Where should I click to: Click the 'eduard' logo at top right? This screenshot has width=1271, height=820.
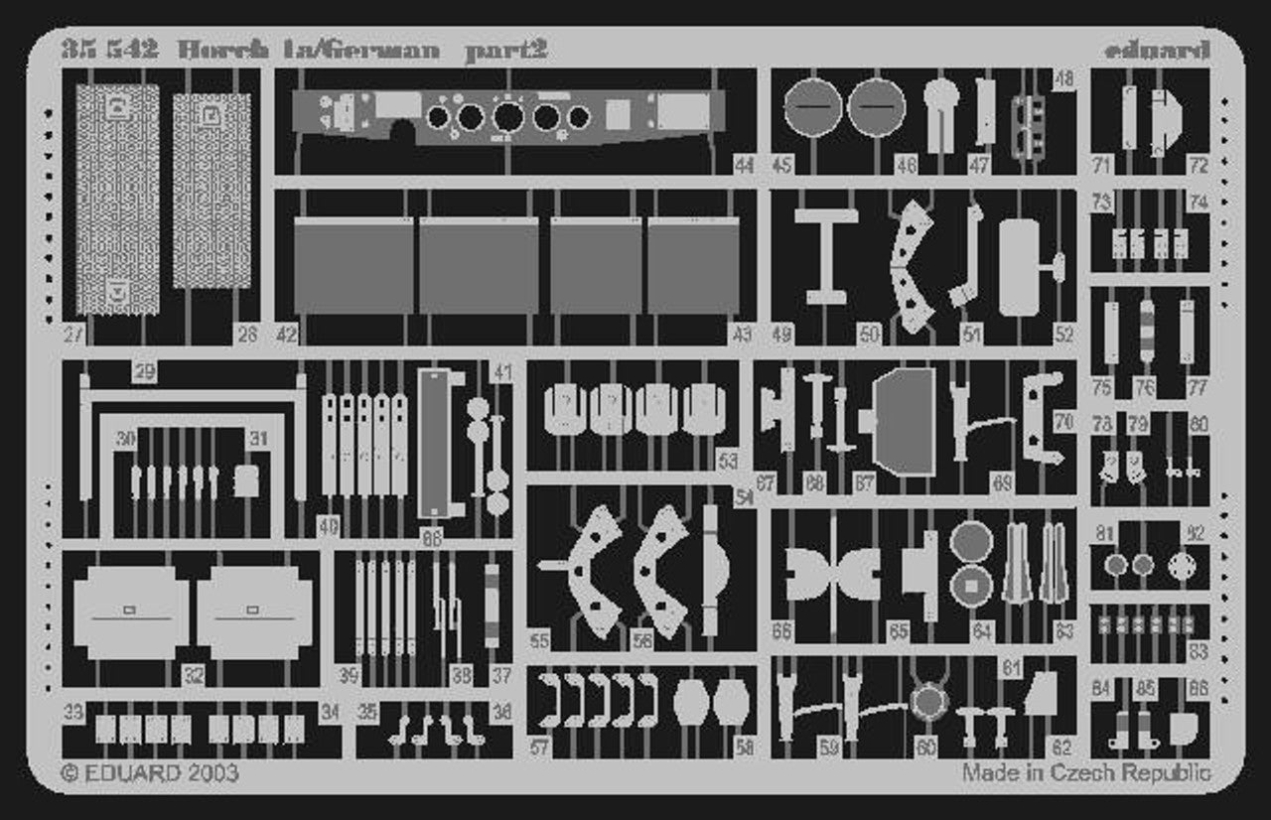[x=1155, y=49]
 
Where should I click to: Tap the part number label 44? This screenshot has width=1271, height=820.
[x=745, y=166]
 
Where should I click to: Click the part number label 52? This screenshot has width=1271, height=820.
[x=1063, y=336]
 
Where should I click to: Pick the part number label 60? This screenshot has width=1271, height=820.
[x=926, y=748]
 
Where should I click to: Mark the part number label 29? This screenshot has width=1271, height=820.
[x=144, y=372]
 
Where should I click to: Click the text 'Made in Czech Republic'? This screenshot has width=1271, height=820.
[x=1085, y=772]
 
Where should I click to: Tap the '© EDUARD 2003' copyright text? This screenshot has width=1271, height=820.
[x=149, y=772]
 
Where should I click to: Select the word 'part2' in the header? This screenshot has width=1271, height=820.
[x=505, y=49]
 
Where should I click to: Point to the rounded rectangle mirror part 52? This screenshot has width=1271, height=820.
[x=1020, y=267]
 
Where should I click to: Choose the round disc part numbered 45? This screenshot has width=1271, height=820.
[x=812, y=106]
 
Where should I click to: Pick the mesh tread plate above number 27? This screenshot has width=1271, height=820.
[x=117, y=199]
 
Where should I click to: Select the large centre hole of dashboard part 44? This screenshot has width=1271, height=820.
[x=507, y=117]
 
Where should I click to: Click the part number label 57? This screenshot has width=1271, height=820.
[x=539, y=748]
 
